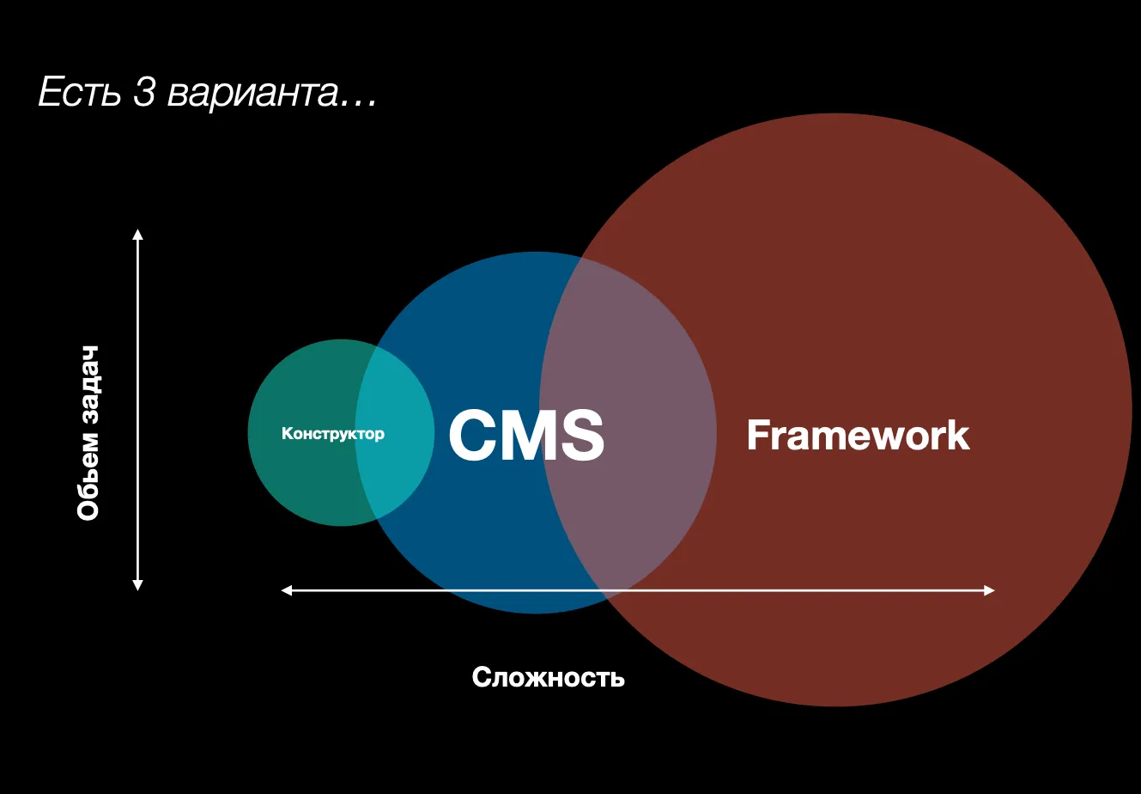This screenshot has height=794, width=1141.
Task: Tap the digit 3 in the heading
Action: tap(143, 92)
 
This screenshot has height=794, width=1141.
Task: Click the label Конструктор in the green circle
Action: tap(333, 434)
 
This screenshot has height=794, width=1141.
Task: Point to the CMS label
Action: tap(526, 435)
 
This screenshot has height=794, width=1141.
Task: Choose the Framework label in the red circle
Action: tap(858, 435)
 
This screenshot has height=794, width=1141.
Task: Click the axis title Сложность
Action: tap(549, 677)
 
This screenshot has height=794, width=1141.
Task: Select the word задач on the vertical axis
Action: tap(88, 385)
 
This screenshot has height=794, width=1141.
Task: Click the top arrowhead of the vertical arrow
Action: tap(137, 235)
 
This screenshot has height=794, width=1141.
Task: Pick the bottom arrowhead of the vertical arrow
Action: tap(137, 585)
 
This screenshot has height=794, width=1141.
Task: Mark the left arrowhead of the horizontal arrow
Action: tap(287, 590)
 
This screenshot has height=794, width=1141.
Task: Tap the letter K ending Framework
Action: tap(958, 435)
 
